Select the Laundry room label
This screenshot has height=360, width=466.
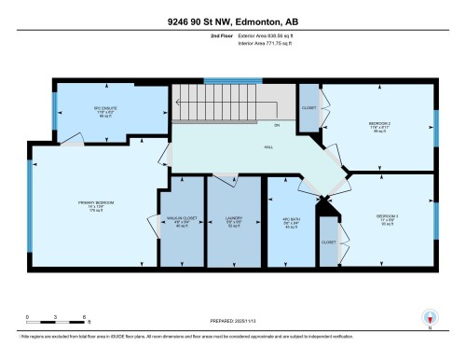point(233,223)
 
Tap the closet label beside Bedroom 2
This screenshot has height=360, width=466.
point(309,108)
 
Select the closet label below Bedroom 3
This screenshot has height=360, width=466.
point(328,242)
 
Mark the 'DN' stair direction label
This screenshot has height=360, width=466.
point(276,124)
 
